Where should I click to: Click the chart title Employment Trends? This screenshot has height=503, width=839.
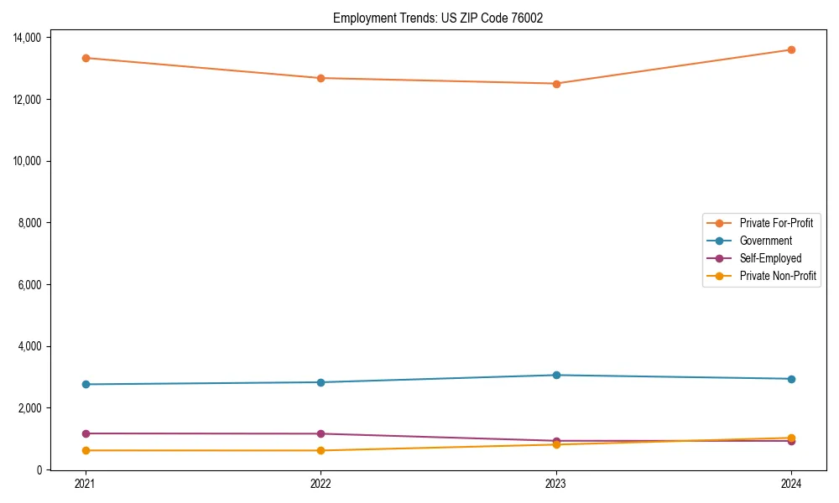pyautogui.click(x=438, y=18)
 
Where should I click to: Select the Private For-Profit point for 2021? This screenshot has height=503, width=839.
pyautogui.click(x=86, y=58)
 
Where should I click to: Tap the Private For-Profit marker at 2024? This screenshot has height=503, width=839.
pyautogui.click(x=791, y=49)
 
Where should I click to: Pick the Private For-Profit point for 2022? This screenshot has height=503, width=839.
pyautogui.click(x=320, y=78)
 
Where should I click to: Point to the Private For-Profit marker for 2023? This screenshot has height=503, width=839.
pyautogui.click(x=555, y=84)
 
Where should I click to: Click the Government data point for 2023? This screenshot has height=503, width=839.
pyautogui.click(x=555, y=375)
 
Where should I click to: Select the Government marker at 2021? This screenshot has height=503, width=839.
pyautogui.click(x=86, y=384)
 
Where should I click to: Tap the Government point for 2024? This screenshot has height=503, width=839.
pyautogui.click(x=791, y=379)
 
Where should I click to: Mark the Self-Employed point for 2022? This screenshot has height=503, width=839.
pyautogui.click(x=320, y=433)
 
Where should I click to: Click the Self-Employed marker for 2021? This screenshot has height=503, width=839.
pyautogui.click(x=86, y=433)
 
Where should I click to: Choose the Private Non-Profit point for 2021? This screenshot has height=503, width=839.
pyautogui.click(x=86, y=450)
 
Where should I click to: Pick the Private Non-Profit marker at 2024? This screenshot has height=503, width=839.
pyautogui.click(x=791, y=438)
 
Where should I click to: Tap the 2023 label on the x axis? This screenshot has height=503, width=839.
pyautogui.click(x=555, y=484)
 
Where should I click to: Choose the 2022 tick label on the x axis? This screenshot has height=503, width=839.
pyautogui.click(x=320, y=484)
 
